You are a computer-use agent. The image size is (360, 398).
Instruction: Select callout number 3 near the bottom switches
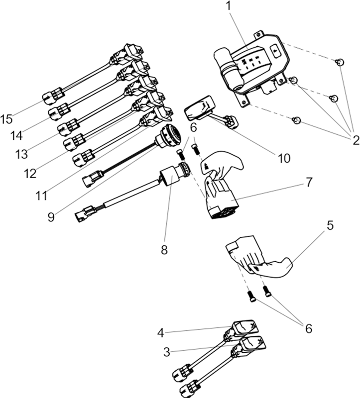click(x=167, y=352)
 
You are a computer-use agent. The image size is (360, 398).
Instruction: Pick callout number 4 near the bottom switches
click(x=160, y=333)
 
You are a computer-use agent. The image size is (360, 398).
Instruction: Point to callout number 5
click(x=330, y=225)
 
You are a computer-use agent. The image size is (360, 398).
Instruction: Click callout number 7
click(x=308, y=182)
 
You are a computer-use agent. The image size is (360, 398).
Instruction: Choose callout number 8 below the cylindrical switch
click(x=164, y=250)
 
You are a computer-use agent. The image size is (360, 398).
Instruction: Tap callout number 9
click(x=51, y=217)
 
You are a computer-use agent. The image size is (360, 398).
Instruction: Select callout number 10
click(x=284, y=158)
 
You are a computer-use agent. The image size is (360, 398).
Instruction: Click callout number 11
click(x=41, y=196)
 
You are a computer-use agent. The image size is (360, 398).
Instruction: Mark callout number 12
click(x=30, y=174)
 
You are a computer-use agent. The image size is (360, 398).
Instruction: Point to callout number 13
click(x=21, y=154)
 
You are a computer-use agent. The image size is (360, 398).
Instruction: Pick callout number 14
click(x=16, y=136)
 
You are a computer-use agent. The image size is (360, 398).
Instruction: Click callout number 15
click(x=6, y=119)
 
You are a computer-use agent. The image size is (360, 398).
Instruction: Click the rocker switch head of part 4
click(x=245, y=327)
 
